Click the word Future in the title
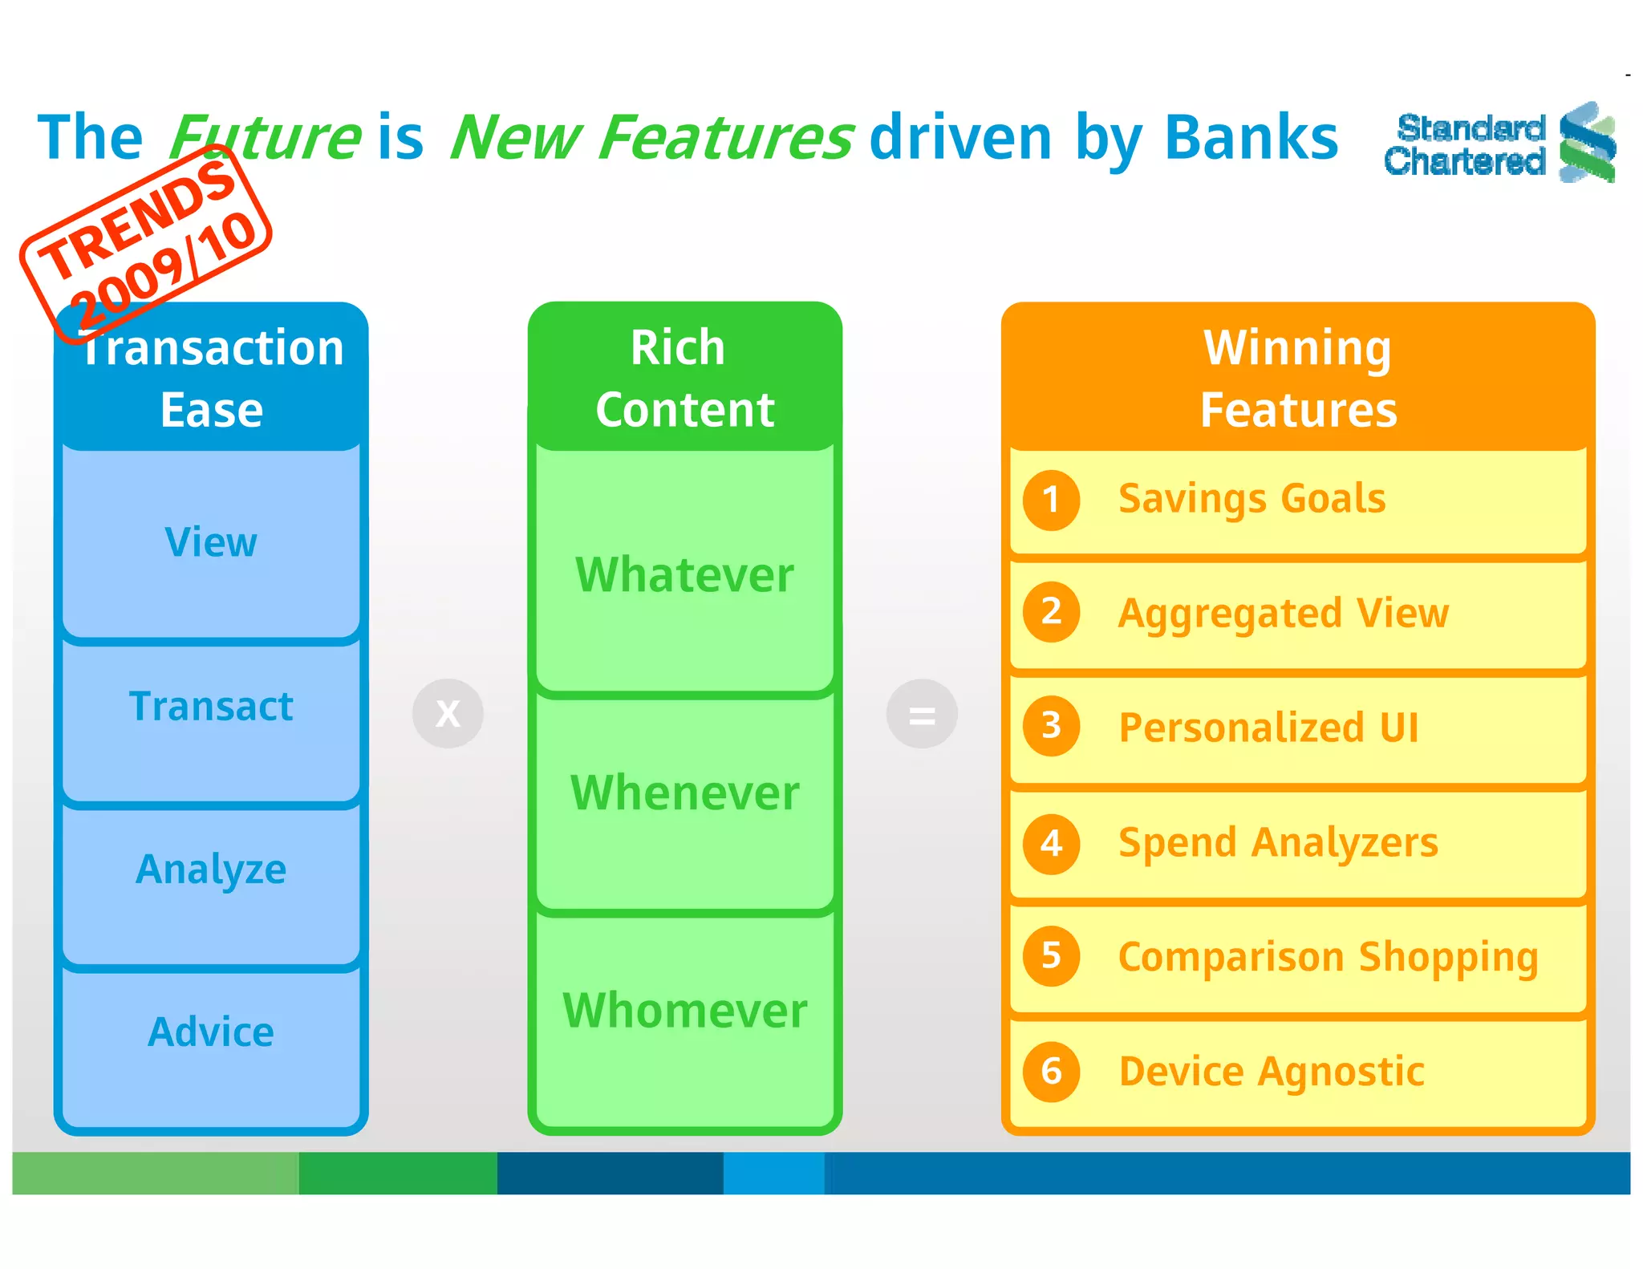pos(265,138)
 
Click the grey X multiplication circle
pos(448,713)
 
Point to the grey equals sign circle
pos(922,713)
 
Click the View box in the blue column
pos(211,543)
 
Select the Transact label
pos(211,707)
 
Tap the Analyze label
pos(211,870)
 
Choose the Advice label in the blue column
pos(211,1032)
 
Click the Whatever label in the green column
pos(684,575)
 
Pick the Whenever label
pos(684,793)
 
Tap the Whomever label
pos(684,1011)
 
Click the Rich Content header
pos(684,379)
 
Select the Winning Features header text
pos(1298,379)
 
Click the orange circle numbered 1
pos(1051,500)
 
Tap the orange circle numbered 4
pos(1051,843)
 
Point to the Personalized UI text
pos(1268,728)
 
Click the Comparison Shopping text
pos(1328,957)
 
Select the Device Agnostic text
pos(1272,1072)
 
